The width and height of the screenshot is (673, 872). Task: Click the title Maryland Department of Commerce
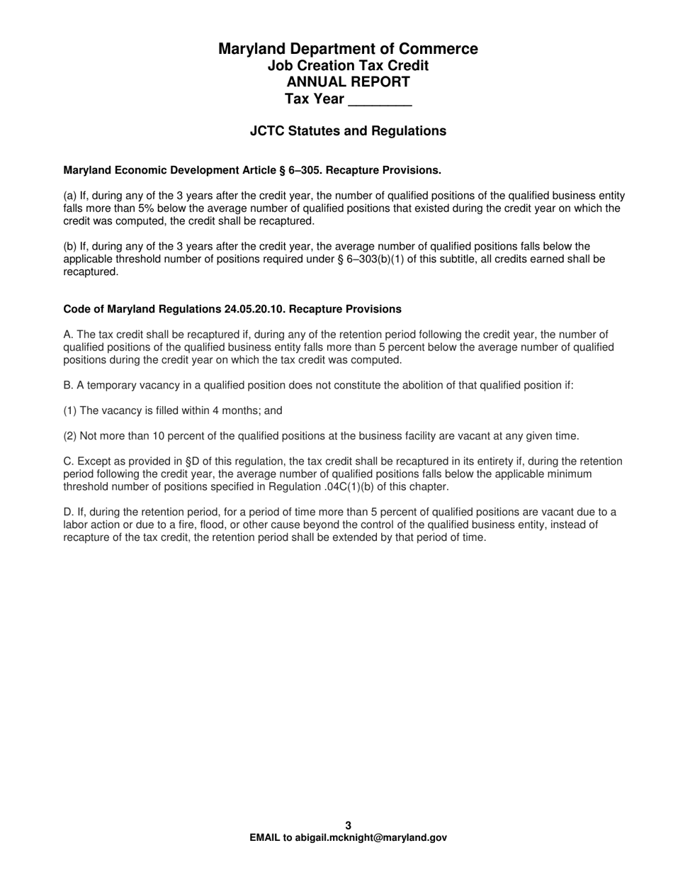[x=348, y=49]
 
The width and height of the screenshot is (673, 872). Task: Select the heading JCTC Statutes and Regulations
[x=348, y=131]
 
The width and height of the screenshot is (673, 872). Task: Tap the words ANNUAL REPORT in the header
[x=348, y=82]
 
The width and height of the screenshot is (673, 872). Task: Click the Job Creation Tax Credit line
[x=348, y=65]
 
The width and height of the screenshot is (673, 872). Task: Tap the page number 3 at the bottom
[x=348, y=825]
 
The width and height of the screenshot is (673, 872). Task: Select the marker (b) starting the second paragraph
[x=70, y=247]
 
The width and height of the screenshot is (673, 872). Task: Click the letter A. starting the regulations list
[x=68, y=335]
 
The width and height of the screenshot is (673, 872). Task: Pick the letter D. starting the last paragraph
[x=68, y=513]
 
